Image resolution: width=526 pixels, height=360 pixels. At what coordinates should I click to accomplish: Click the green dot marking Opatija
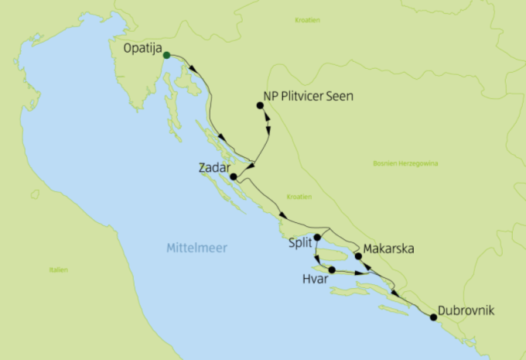[166, 55]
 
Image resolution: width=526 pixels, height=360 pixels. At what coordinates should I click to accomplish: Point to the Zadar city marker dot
[233, 177]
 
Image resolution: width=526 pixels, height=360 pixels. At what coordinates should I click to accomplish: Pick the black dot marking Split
[317, 238]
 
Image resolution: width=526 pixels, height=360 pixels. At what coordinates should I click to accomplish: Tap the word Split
[299, 243]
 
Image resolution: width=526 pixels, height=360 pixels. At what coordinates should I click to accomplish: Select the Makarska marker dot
[358, 255]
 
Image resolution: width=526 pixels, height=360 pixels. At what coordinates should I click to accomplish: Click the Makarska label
[390, 249]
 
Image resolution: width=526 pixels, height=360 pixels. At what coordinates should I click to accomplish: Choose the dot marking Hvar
[332, 270]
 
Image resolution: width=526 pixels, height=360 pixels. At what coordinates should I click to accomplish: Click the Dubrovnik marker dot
[432, 317]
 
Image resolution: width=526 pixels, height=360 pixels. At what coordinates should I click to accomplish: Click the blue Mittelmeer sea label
[191, 249]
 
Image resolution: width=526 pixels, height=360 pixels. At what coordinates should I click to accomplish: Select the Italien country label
[58, 270]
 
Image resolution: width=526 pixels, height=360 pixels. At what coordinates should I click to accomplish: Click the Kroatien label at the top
[307, 19]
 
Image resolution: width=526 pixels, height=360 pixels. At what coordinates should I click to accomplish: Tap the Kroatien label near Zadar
[298, 197]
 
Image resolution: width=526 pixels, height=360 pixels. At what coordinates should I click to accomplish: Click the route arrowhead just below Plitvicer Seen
[268, 122]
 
